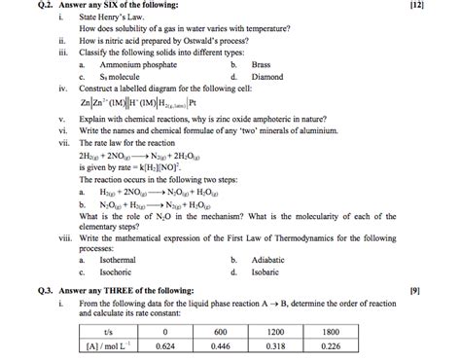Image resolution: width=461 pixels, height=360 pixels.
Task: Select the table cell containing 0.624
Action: pos(164,343)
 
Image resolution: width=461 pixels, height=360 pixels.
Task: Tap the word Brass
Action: pos(261,63)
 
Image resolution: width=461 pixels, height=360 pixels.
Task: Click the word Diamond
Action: pos(266,75)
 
